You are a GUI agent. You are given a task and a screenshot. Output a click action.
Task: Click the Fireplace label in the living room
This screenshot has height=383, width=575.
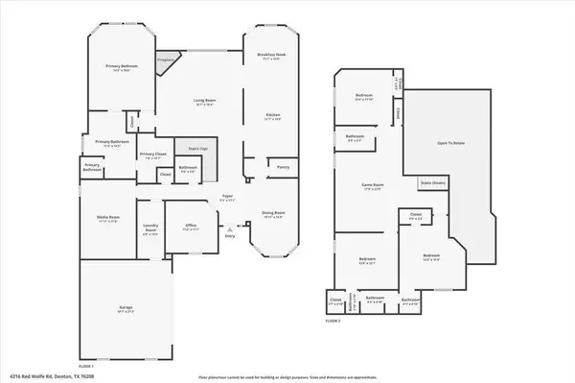point(165,60)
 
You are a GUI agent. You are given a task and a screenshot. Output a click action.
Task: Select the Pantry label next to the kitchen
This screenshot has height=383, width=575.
point(283,167)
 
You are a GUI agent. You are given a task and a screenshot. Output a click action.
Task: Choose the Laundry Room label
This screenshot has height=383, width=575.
point(150,228)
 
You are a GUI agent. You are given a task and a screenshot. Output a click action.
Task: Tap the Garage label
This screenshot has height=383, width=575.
point(126,307)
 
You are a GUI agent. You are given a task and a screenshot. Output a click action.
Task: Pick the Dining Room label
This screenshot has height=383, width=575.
point(273,213)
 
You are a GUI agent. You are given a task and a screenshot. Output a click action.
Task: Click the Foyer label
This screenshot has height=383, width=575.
point(227,196)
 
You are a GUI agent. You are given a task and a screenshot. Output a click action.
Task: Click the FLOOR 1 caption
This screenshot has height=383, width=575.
point(86,366)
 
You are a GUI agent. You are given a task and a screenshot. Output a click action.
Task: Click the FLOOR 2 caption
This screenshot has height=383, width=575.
point(332,319)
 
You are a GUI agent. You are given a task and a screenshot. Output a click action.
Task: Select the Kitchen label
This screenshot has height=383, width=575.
point(272,116)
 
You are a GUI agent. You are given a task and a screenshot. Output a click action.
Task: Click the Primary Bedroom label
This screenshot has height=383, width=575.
point(119,66)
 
